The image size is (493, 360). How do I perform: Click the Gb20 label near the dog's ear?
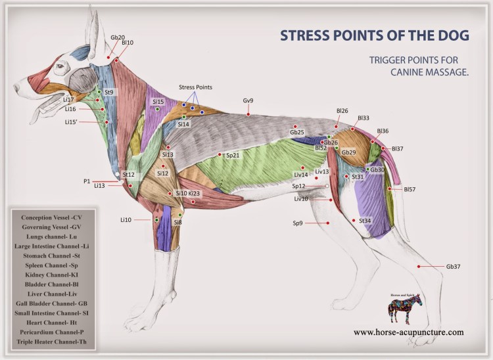(118, 37)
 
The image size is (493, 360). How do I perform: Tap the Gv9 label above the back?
(248, 101)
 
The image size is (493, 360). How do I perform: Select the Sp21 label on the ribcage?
(233, 156)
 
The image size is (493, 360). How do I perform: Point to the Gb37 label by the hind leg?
(453, 267)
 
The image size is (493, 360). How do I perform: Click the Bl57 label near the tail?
(410, 189)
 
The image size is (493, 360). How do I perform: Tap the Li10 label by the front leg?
(126, 219)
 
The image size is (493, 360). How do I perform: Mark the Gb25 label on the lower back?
(297, 133)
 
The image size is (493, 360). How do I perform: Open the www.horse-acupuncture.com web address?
(408, 332)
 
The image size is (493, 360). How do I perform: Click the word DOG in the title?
(444, 35)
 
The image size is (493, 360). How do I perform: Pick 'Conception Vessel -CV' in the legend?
(51, 217)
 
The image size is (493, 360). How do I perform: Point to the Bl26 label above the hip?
(342, 111)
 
